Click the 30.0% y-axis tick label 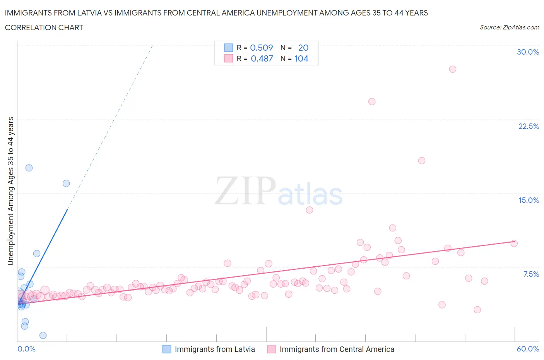click(x=528, y=52)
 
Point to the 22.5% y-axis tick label click(x=529, y=126)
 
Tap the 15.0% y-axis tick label click(x=529, y=200)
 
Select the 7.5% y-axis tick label click(x=531, y=274)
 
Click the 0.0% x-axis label click(x=26, y=349)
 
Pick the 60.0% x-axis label click(x=528, y=349)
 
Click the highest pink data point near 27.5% click(x=453, y=69)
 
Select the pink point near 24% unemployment click(x=372, y=102)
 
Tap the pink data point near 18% click(x=422, y=161)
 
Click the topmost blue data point click(x=29, y=168)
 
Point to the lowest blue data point click(x=43, y=335)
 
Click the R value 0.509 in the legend click(x=262, y=48)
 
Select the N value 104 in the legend click(x=301, y=58)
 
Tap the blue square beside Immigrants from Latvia click(x=167, y=349)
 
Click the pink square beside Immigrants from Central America click(x=272, y=349)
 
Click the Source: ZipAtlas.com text click(x=509, y=27)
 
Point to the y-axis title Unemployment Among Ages click(x=10, y=191)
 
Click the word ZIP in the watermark click(x=245, y=191)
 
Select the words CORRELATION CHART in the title click(x=44, y=27)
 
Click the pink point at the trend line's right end click(x=514, y=243)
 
